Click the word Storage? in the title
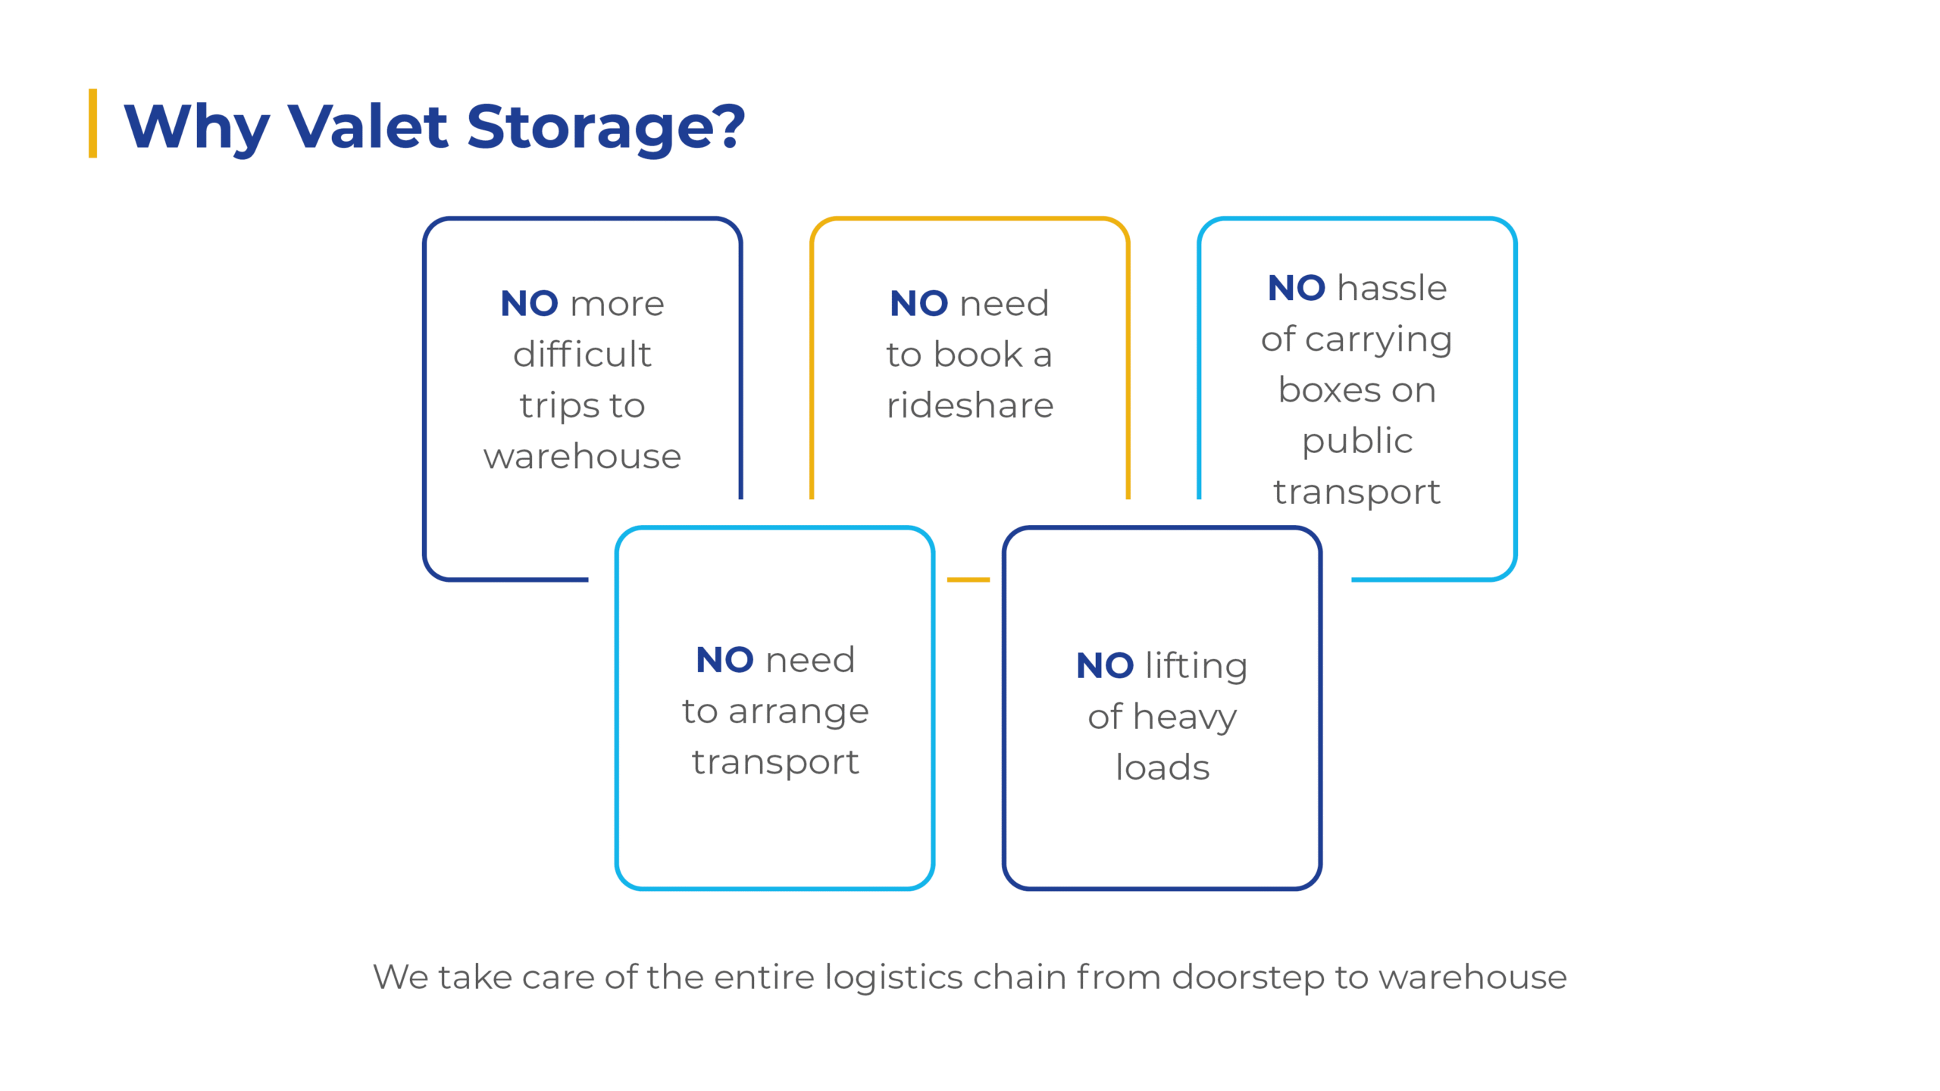605,127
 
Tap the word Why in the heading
196,127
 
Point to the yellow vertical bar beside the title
92,123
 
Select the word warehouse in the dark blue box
582,457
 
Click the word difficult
582,355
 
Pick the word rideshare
970,405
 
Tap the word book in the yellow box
978,355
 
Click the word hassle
1392,288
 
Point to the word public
1357,442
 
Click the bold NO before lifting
1105,666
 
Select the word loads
1162,767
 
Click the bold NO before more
529,304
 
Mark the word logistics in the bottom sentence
893,977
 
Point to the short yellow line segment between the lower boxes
968,580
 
